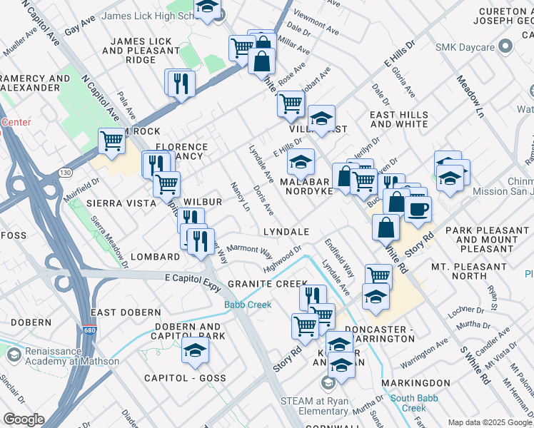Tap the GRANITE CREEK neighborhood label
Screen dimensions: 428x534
267,284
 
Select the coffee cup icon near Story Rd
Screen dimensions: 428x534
418,208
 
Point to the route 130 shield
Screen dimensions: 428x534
65,173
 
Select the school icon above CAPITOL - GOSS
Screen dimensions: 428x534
195,350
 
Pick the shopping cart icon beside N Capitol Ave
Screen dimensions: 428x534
112,141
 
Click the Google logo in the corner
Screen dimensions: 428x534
24,419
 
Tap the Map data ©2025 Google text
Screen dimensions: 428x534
490,422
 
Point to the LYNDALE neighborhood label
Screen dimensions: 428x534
286,232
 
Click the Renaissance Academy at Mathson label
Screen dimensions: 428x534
71,356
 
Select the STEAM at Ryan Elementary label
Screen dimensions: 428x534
315,406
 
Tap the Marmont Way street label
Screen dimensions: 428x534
250,252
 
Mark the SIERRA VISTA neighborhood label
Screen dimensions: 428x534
121,203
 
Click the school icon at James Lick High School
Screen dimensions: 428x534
207,9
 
